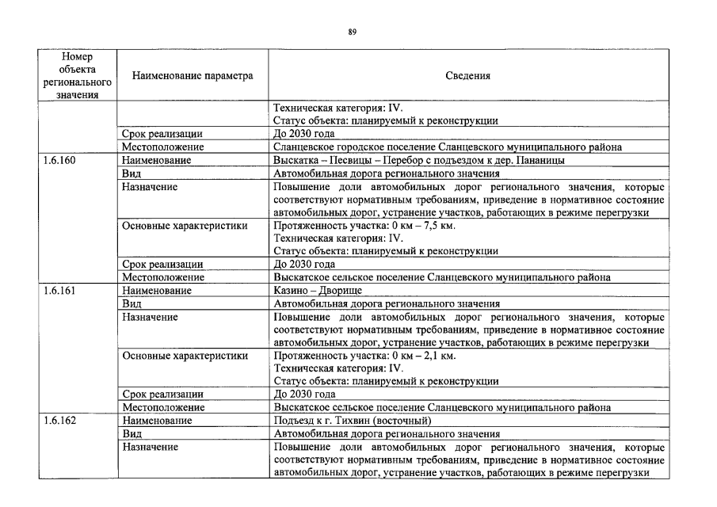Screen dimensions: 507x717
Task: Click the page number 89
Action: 353,32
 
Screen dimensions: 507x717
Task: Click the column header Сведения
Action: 467,76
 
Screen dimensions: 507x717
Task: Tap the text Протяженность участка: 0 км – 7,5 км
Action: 364,225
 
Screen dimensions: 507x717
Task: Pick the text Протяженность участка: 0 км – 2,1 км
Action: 364,355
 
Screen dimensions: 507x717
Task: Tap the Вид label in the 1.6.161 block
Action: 131,303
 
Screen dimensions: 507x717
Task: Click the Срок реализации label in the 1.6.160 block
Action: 162,265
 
